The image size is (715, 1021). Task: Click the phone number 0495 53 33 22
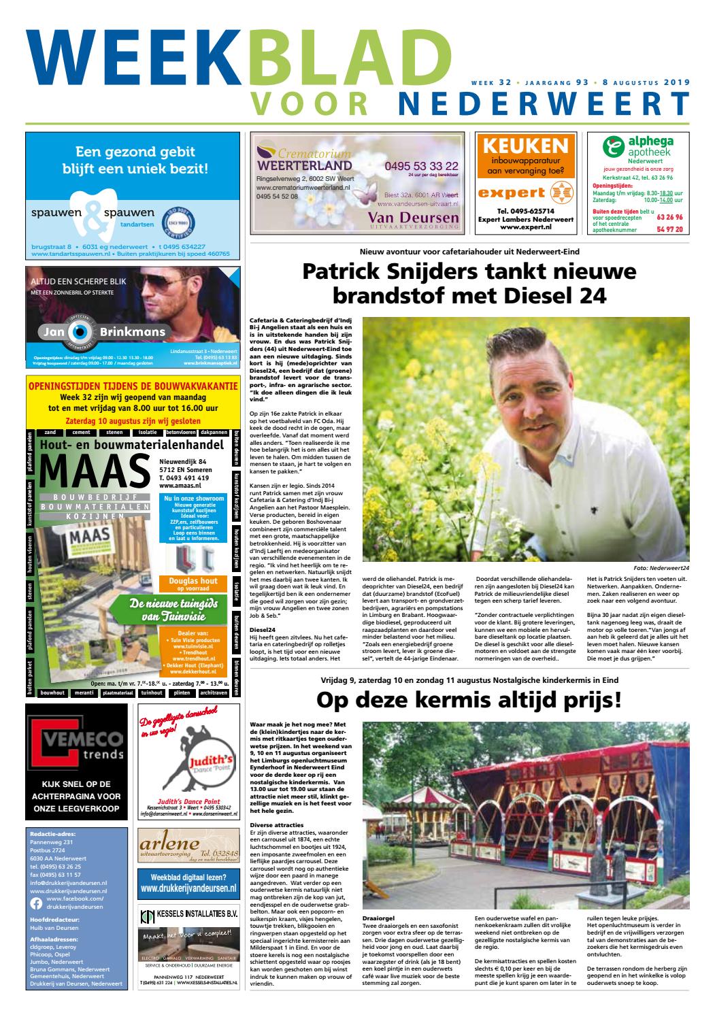(x=421, y=166)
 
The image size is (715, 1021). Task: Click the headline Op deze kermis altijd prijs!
(x=469, y=700)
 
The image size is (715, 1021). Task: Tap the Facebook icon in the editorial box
(x=37, y=903)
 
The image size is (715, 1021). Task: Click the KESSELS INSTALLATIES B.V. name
(x=195, y=916)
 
